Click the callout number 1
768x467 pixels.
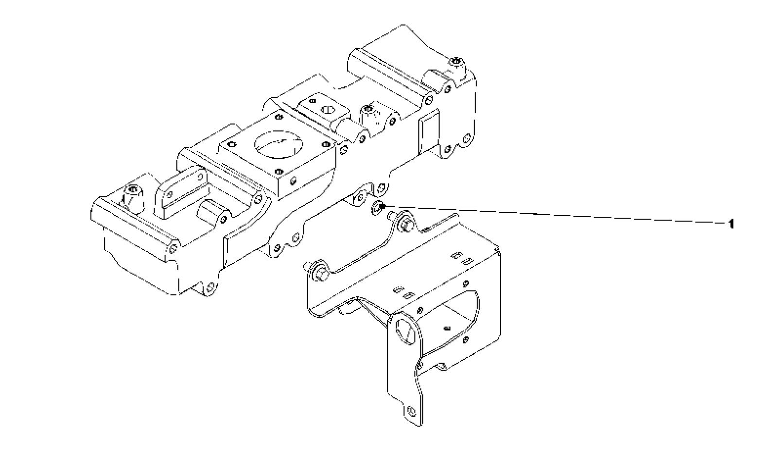731,224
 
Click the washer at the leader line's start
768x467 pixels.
378,207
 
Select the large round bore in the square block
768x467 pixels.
279,144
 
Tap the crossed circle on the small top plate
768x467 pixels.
328,110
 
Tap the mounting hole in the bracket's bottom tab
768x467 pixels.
411,412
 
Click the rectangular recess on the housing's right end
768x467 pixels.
429,133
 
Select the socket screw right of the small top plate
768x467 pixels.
368,109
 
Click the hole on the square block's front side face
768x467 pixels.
293,181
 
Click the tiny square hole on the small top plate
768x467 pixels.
313,101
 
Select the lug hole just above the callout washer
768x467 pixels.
381,188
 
